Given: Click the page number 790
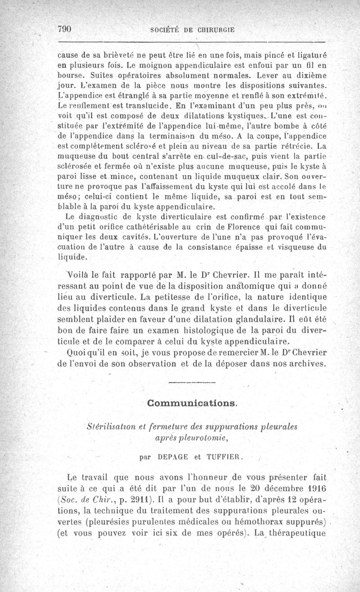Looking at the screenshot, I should pyautogui.click(x=65, y=28).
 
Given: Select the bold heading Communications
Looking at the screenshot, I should pyautogui.click(x=192, y=402).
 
